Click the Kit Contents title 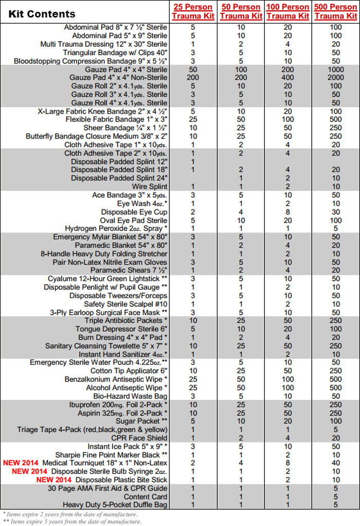click(x=42, y=14)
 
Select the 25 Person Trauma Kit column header click(x=193, y=11)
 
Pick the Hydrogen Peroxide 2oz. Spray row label click(x=116, y=229)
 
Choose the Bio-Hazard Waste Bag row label click(x=131, y=396)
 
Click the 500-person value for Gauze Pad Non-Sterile click(x=335, y=77)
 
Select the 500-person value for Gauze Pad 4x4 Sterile click(x=335, y=69)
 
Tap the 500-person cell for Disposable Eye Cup click(x=335, y=212)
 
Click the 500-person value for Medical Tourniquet click(x=335, y=463)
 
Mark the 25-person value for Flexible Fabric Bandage click(x=193, y=119)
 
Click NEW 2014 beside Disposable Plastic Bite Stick click(x=54, y=480)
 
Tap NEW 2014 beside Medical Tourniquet click(x=21, y=463)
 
